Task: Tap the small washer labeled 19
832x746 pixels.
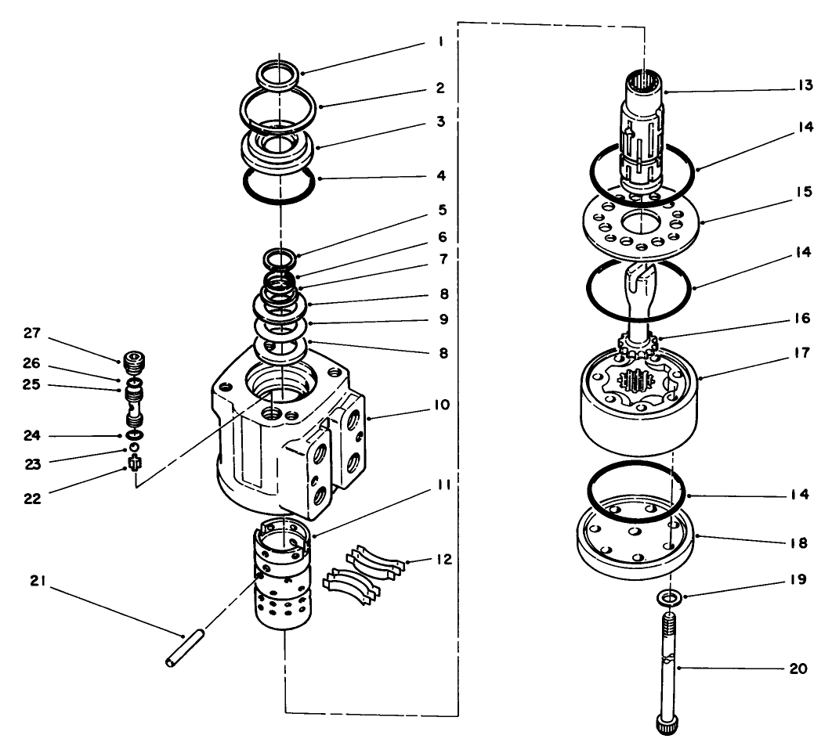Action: point(666,599)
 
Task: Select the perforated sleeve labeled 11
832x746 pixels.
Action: point(283,579)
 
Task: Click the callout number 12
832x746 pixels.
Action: point(443,560)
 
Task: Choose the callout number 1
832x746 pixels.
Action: point(441,43)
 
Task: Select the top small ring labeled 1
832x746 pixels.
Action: point(278,74)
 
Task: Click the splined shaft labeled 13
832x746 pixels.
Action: point(644,125)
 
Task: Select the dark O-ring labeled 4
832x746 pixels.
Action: point(279,189)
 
